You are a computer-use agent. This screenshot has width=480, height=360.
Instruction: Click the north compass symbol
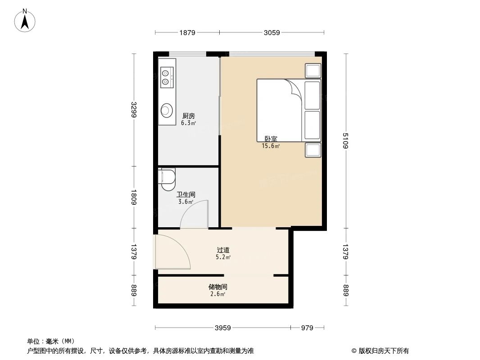[x=26, y=20]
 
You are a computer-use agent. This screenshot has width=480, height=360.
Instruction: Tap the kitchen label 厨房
[x=188, y=116]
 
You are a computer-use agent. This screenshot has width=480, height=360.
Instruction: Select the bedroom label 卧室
[x=271, y=139]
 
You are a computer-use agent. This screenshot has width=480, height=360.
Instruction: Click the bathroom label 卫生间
[x=186, y=194]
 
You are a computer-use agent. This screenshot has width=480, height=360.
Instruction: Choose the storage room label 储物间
[x=217, y=287]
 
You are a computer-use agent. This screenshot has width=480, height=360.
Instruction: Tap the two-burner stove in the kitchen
[x=166, y=76]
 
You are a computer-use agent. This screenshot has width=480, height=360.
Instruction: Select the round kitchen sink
[x=167, y=109]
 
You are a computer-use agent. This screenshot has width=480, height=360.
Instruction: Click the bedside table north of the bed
[x=313, y=71]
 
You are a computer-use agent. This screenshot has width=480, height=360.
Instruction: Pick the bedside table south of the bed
[x=313, y=150]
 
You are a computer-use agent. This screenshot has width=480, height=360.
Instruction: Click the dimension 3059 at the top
[x=272, y=32]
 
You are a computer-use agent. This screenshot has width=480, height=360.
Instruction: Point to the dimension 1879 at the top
[x=187, y=32]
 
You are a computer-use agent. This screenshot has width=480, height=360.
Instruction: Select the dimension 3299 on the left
[x=134, y=110]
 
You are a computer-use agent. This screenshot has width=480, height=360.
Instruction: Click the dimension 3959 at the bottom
[x=223, y=328]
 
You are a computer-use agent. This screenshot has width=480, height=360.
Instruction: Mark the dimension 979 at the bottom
[x=307, y=328]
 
